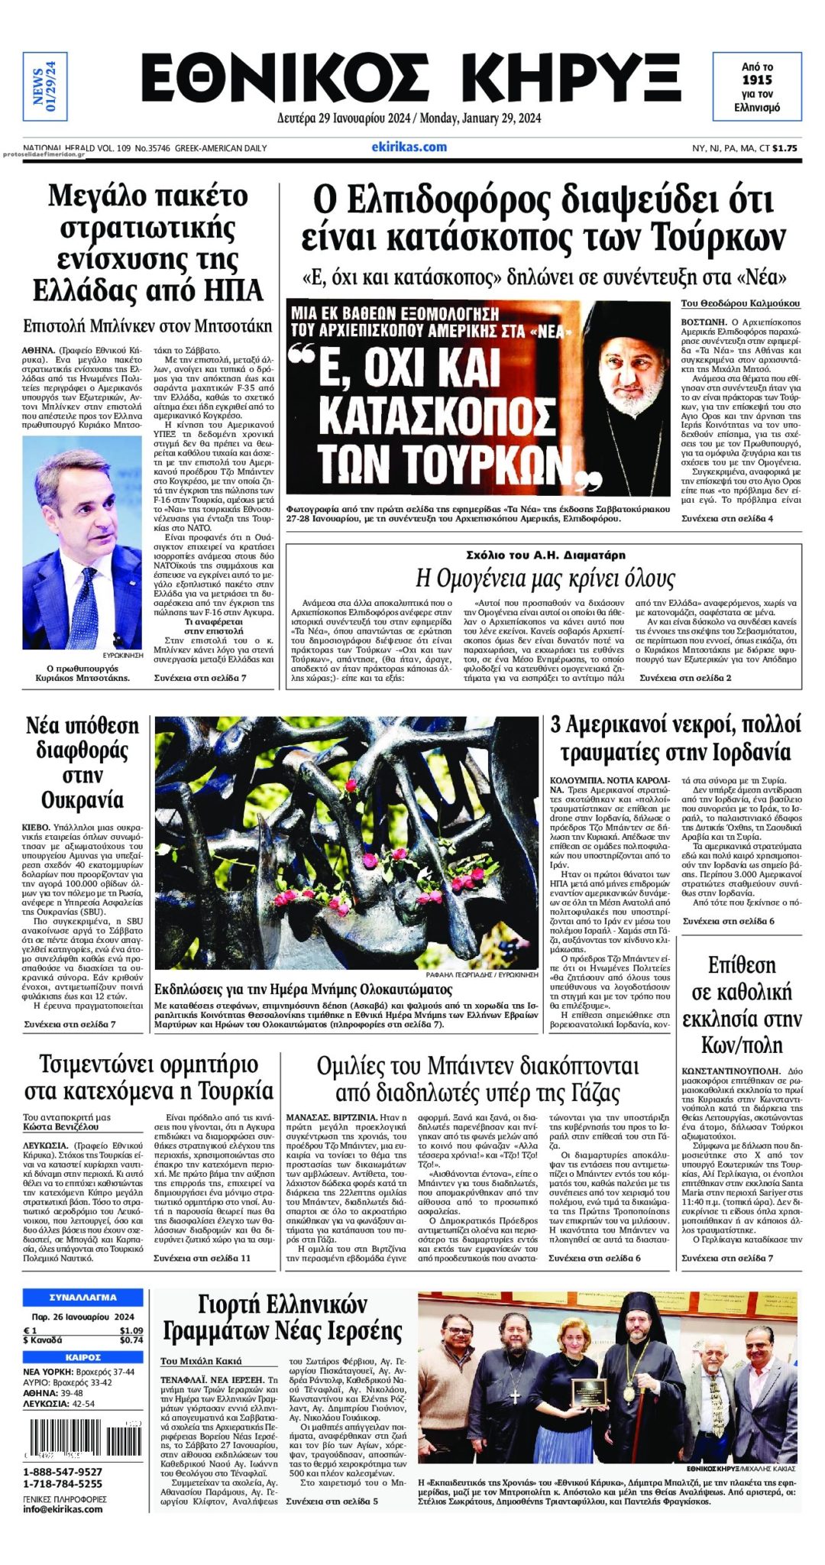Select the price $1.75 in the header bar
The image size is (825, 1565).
click(787, 148)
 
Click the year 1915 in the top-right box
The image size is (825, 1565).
click(757, 79)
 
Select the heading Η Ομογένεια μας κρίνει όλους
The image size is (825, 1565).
click(545, 578)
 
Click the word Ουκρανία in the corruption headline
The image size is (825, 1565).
click(82, 800)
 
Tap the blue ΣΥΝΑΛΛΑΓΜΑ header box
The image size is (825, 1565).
click(82, 1297)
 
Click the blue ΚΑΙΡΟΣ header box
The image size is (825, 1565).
click(82, 1357)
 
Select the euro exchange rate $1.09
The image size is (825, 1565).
click(131, 1330)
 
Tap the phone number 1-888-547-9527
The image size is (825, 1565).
click(63, 1472)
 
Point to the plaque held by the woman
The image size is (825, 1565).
click(588, 1391)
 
